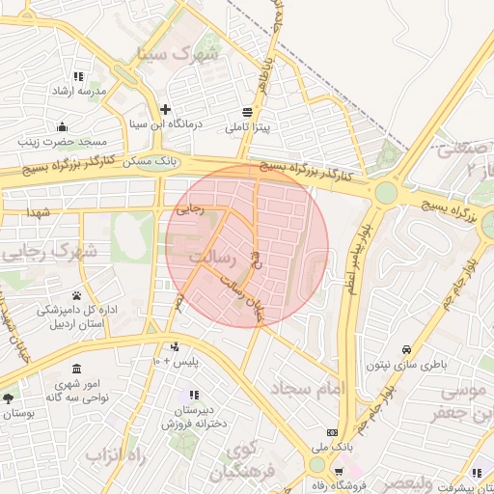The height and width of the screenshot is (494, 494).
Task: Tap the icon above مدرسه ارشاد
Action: pos(78,76)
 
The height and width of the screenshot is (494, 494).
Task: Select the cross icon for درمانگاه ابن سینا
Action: pos(166,110)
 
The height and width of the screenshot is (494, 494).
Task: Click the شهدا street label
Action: pos(39,211)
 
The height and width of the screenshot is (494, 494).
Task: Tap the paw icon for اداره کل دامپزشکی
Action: pos(75,295)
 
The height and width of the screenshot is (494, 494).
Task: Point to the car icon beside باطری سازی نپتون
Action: pos(406,349)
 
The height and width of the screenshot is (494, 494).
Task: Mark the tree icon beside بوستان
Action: pos(9,398)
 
